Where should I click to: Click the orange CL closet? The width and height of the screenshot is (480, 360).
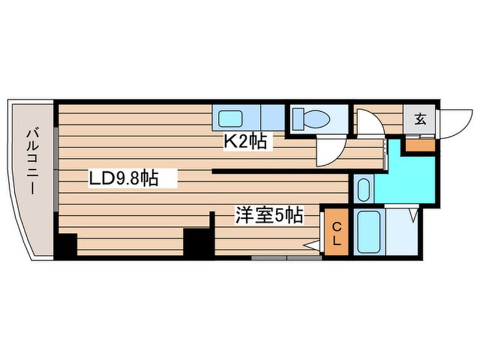click(x=336, y=233)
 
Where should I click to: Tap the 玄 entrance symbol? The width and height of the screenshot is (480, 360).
click(x=420, y=119)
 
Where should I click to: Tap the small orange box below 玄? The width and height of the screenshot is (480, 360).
click(x=419, y=145)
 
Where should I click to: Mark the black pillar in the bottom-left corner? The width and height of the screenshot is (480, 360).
click(x=66, y=245)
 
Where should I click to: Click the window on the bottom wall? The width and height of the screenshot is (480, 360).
click(x=287, y=258)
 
